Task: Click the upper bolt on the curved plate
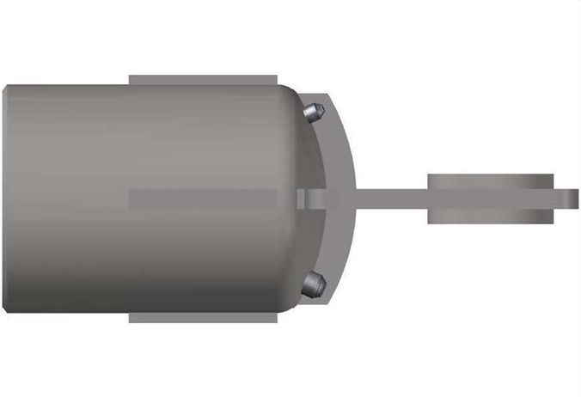click(x=315, y=111)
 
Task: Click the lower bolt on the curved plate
click(x=315, y=283)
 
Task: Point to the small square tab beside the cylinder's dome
click(x=301, y=198)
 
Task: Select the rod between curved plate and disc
click(x=391, y=198)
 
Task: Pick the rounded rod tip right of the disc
click(x=572, y=198)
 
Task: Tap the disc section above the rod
click(x=490, y=181)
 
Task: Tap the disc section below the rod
click(x=490, y=217)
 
